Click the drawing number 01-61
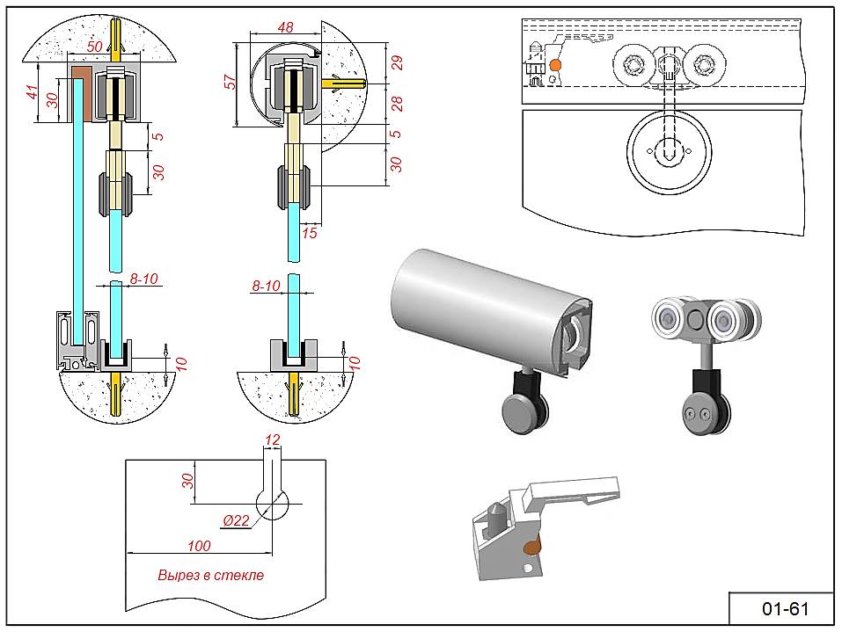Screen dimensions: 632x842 tap(784, 608)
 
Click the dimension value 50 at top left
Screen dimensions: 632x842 tap(95, 45)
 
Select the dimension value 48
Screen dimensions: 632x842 tap(285, 27)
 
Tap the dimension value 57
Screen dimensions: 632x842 tap(231, 82)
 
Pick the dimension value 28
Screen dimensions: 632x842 tap(396, 105)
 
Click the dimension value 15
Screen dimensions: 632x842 tap(309, 233)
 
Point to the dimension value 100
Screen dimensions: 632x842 tap(199, 546)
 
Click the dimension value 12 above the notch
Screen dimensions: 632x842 tap(272, 439)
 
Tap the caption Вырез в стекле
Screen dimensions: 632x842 tap(210, 576)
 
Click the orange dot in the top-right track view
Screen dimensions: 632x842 tap(555, 64)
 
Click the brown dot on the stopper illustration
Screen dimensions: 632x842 tap(532, 548)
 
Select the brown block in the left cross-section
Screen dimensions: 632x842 tap(81, 92)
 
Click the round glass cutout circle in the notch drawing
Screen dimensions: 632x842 tap(273, 504)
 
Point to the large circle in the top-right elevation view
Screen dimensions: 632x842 tap(669, 150)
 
